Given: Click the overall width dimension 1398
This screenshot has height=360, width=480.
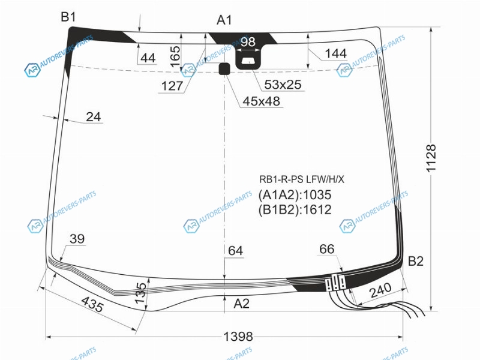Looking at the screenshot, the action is [x=238, y=337].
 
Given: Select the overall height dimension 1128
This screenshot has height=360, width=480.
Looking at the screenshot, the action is [x=431, y=158].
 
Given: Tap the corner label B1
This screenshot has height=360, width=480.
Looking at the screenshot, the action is [x=68, y=17].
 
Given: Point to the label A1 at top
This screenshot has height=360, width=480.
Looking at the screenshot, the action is [x=224, y=20].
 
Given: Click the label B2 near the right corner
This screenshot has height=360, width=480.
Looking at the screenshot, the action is [x=416, y=261].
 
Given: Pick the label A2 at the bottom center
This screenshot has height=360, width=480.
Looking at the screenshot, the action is [x=242, y=304].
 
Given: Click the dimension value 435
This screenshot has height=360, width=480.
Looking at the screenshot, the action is [x=92, y=305].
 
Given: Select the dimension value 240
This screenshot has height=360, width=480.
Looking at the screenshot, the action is [x=380, y=290].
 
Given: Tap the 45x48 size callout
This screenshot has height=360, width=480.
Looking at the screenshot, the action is [x=261, y=101].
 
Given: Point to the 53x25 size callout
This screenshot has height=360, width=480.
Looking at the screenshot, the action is [x=283, y=85].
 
